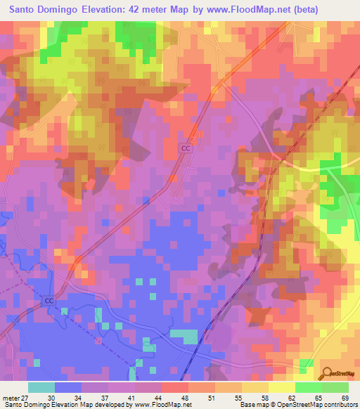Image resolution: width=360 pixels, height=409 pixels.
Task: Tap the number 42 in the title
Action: click(x=149, y=10)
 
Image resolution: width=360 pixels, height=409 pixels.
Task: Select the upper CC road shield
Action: click(x=185, y=148)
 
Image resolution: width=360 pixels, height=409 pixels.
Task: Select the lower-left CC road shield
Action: click(x=49, y=301)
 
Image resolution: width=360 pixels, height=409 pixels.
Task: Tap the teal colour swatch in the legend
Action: click(x=41, y=387)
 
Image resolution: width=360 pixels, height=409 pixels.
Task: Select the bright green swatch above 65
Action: click(x=309, y=387)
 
